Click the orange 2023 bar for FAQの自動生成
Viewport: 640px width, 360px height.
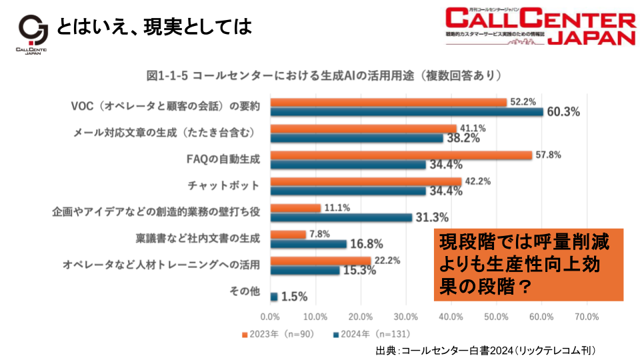(x=401, y=155)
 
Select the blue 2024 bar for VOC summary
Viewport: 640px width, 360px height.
(x=407, y=111)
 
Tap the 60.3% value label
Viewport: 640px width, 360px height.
(x=563, y=111)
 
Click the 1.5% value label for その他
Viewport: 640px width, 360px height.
(x=294, y=297)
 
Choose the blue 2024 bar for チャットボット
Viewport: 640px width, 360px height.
(x=348, y=191)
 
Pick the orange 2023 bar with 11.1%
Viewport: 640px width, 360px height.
(x=295, y=208)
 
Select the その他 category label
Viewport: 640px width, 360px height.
(x=244, y=291)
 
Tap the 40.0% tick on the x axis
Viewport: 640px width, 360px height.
(x=451, y=315)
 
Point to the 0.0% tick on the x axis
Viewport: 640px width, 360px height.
(x=270, y=315)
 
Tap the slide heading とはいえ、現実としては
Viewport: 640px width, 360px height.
(x=154, y=27)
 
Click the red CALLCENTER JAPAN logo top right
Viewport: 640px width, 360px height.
(x=541, y=27)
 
